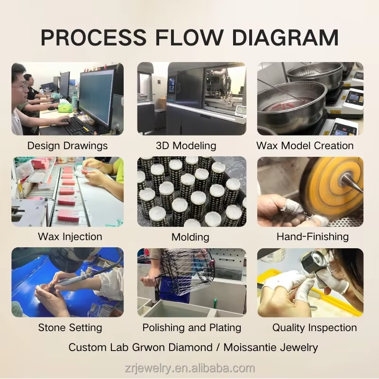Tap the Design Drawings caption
pyautogui.click(x=67, y=145)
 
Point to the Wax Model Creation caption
pyautogui.click(x=305, y=145)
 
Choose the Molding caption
pyautogui.click(x=190, y=236)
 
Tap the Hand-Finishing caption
pyautogui.click(x=313, y=236)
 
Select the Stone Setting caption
pyautogui.click(x=70, y=327)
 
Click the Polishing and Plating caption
pyautogui.click(x=192, y=327)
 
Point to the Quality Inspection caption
pyautogui.click(x=315, y=327)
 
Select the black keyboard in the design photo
pyautogui.click(x=78, y=126)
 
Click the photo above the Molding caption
pyautogui.click(x=192, y=192)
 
